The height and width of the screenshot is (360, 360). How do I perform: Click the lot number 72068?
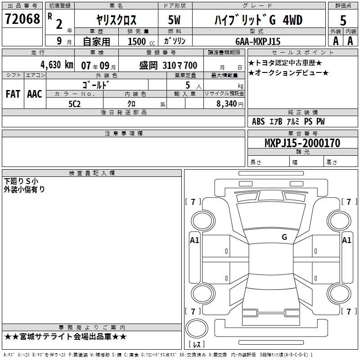[22, 19]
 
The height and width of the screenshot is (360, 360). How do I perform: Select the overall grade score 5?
[343, 20]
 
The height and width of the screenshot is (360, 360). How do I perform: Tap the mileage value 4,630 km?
[57, 65]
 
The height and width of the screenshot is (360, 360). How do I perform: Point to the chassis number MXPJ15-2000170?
[302, 143]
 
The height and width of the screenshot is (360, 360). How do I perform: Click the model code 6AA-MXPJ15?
[258, 41]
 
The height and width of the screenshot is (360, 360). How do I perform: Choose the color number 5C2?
[75, 104]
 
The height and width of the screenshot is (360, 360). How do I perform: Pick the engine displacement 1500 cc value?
[141, 41]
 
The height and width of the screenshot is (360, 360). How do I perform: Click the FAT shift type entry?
[13, 94]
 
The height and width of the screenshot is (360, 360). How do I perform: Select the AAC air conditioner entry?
[35, 94]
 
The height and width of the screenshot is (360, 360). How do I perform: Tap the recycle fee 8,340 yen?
[230, 104]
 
